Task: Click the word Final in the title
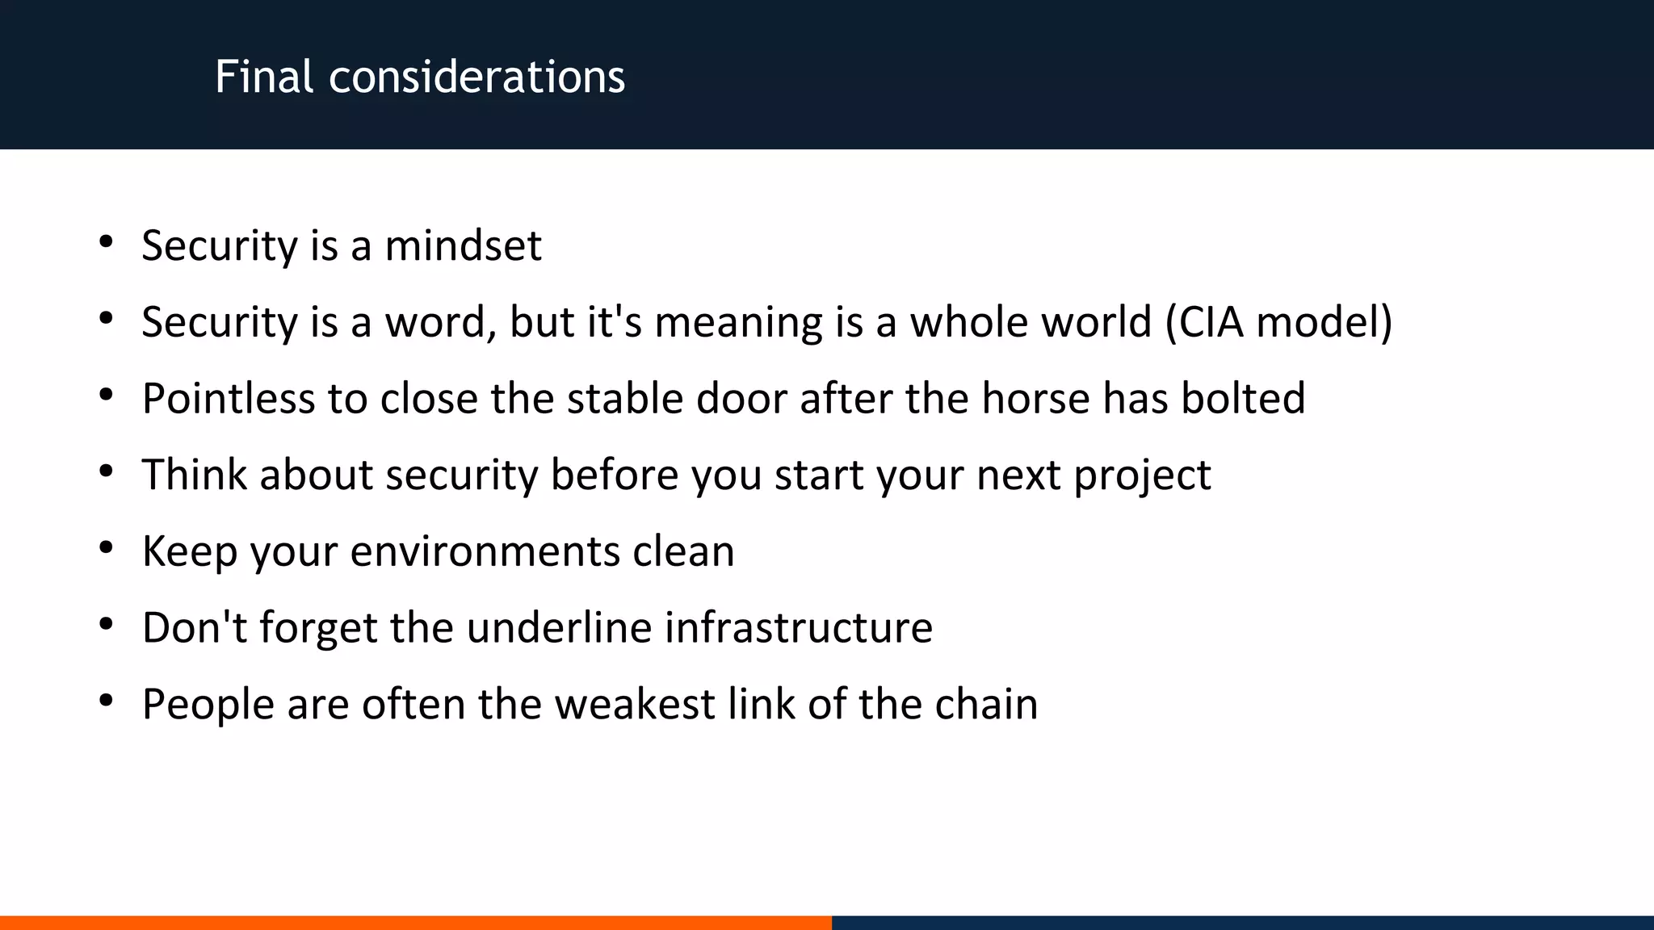click(263, 77)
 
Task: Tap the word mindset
click(463, 245)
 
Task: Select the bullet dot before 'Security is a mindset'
click(106, 242)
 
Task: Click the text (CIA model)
click(1278, 322)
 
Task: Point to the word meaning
click(738, 322)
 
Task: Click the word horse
click(1035, 398)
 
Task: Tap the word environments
click(485, 551)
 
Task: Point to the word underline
click(559, 627)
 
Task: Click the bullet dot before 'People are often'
click(106, 701)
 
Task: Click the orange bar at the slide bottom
click(415, 922)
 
